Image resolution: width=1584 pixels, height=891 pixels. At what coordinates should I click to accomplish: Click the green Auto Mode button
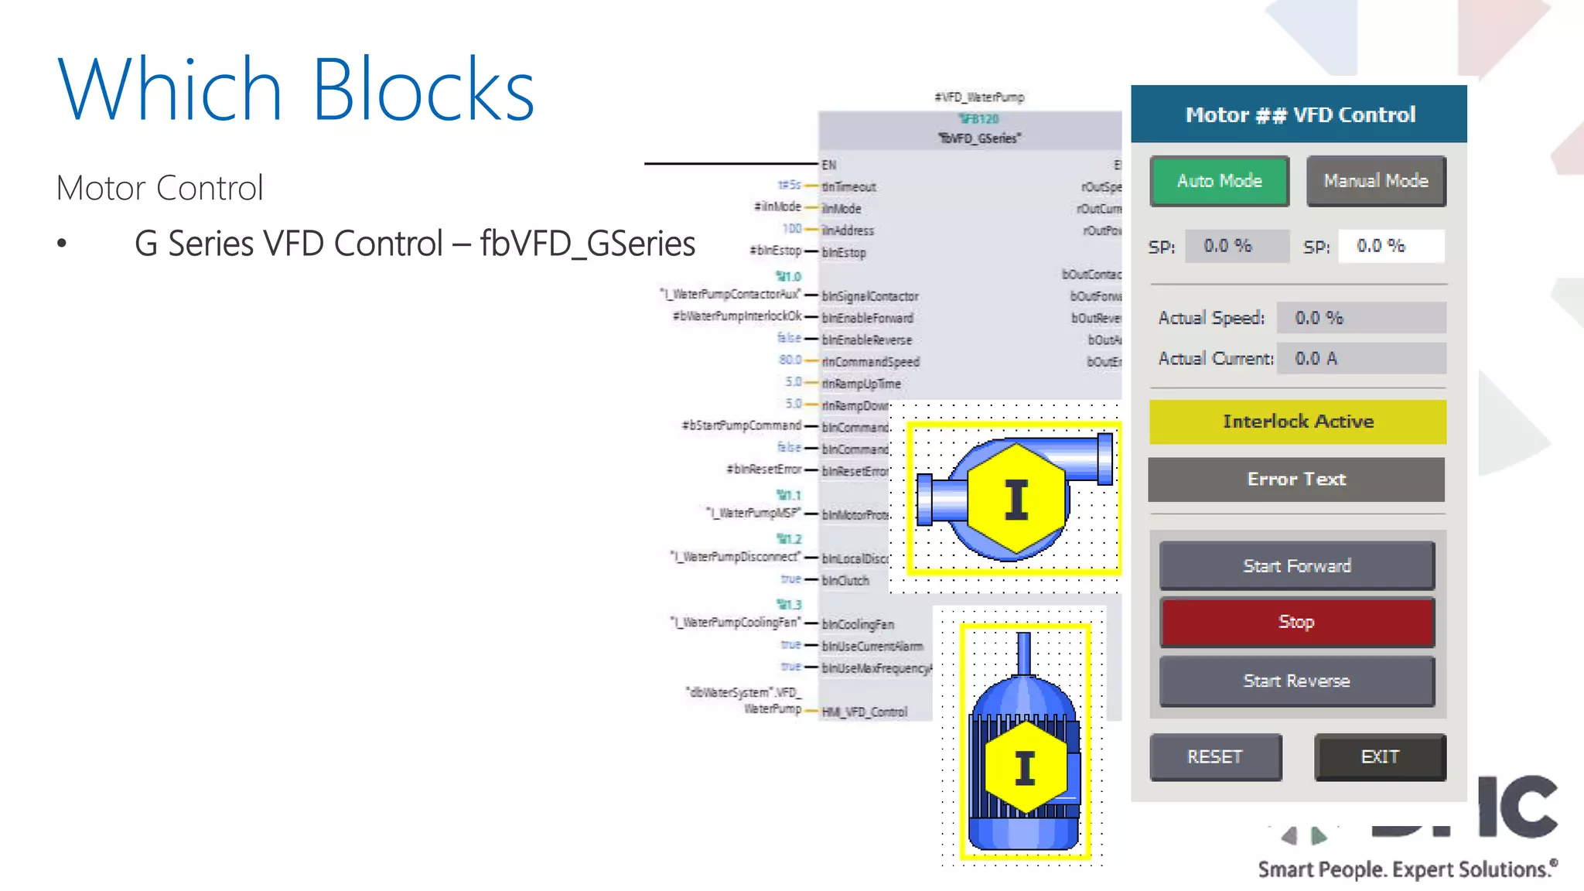click(1219, 181)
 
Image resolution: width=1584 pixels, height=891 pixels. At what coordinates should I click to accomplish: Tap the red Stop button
click(1296, 622)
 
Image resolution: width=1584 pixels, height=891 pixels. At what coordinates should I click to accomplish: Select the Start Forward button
click(1296, 565)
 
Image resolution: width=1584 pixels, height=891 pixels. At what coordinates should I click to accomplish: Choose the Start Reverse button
click(1296, 681)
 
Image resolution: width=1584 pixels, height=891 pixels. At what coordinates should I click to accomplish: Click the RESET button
click(1215, 756)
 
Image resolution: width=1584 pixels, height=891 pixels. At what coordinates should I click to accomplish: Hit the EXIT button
click(1380, 756)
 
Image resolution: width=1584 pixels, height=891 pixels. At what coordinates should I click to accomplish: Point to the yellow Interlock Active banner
click(1297, 422)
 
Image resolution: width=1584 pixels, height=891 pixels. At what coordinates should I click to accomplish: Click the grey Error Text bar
click(1296, 480)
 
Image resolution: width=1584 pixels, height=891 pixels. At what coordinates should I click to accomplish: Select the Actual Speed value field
click(1360, 318)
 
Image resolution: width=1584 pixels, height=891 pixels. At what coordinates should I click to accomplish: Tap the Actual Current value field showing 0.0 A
click(1360, 358)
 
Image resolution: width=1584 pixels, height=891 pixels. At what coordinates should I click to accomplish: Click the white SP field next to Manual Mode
click(1391, 246)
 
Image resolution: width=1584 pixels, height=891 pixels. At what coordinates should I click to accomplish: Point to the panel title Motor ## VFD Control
click(1299, 114)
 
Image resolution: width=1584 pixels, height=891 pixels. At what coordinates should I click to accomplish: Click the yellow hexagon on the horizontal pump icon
click(1016, 499)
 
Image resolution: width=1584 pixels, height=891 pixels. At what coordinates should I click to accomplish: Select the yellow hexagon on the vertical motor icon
click(1026, 767)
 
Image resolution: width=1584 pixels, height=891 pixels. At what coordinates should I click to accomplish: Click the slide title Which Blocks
click(296, 90)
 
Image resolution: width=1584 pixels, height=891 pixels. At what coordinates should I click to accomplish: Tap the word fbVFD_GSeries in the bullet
click(587, 244)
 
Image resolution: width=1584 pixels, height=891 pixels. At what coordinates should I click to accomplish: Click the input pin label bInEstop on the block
click(844, 252)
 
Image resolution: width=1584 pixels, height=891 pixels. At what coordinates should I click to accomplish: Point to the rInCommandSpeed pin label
click(871, 361)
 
